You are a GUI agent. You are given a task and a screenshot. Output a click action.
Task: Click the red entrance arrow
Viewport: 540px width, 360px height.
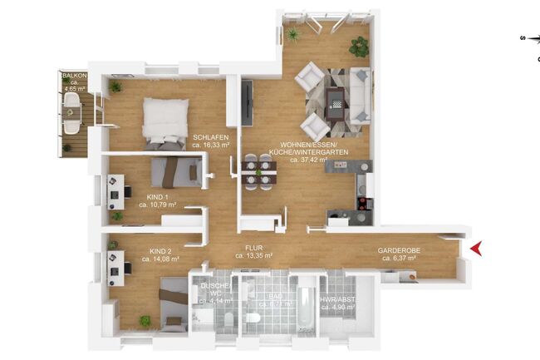[x=476, y=248]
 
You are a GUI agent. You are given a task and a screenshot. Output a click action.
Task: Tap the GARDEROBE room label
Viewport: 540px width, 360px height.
[x=398, y=249]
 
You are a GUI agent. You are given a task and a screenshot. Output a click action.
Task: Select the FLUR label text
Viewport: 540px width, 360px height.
[x=254, y=248]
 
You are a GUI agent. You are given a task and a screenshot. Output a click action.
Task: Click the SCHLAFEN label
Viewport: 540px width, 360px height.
[x=211, y=138]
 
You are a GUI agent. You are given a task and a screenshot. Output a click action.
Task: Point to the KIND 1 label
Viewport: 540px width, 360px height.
[x=147, y=197]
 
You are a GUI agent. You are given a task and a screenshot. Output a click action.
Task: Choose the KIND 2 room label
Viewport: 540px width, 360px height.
[x=160, y=250]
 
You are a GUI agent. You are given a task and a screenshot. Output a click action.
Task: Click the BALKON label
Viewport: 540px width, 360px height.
[x=74, y=75]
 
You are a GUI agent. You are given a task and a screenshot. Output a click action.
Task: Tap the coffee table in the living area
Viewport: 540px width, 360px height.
[x=336, y=102]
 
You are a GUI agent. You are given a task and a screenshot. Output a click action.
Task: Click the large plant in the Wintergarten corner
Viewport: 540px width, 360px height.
[x=359, y=47]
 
